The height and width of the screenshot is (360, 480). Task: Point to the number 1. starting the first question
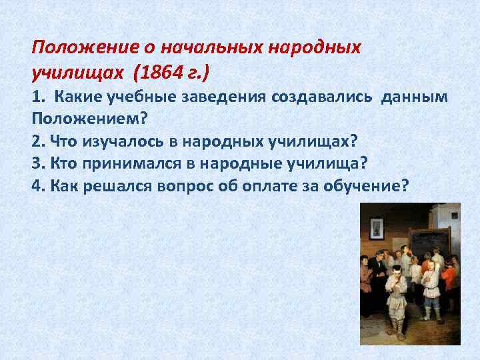(37, 97)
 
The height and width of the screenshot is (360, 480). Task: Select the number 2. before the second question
(37, 141)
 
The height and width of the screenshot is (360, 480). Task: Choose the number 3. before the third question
(37, 163)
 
